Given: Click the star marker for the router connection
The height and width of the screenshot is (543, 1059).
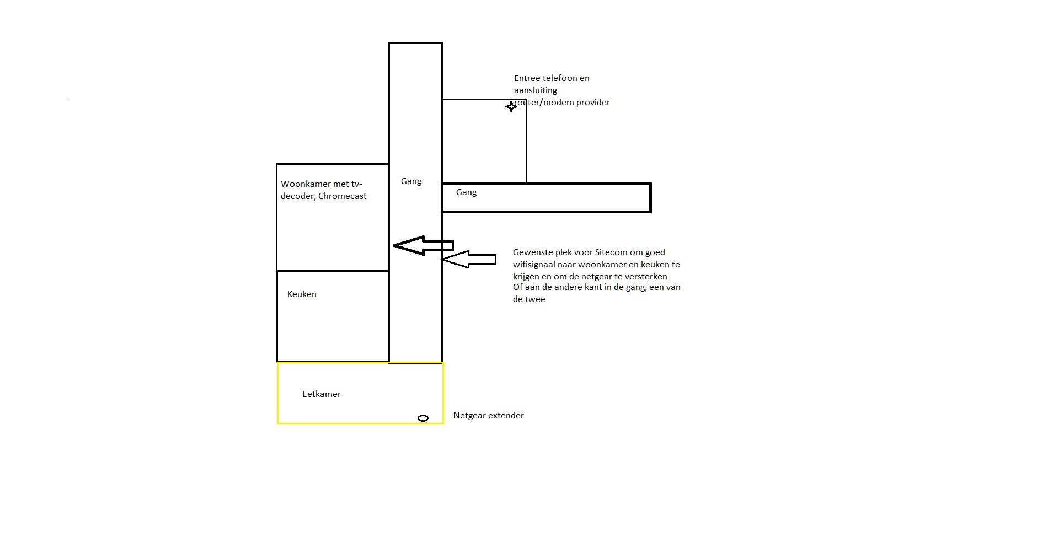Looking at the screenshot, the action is coord(511,106).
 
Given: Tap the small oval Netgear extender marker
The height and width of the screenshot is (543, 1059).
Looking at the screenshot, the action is coord(423,418).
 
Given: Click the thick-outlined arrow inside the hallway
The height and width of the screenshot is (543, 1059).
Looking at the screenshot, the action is coord(423,245).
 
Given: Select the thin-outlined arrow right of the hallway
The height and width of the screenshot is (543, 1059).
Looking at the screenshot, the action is coord(469,259).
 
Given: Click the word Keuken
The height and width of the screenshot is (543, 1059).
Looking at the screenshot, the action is coord(302,294).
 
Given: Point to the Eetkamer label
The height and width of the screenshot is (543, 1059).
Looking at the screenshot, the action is coord(322,394).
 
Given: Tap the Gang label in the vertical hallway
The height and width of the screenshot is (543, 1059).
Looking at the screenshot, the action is coord(411,181).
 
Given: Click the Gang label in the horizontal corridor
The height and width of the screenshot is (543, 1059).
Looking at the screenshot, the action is coord(466,192).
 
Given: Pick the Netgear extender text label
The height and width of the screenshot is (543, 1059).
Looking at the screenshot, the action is coord(489,416).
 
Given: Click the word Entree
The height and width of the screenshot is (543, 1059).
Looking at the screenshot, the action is coord(527,78).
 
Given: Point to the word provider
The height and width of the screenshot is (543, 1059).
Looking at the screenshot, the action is coord(593,103).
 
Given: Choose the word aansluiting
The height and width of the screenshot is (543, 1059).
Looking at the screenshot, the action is coord(536,90).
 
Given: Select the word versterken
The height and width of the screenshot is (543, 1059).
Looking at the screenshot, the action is coord(645,277).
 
